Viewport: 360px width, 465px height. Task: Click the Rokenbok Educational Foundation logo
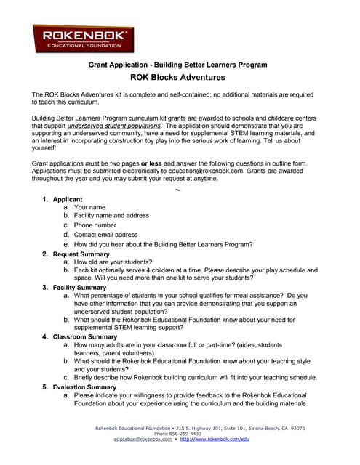point(83,38)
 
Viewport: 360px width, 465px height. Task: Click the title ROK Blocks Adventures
point(177,77)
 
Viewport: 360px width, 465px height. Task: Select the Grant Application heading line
point(177,65)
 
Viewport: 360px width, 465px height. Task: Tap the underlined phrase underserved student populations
point(119,125)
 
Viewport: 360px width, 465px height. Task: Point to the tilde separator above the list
point(177,190)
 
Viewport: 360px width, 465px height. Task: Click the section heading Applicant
point(68,199)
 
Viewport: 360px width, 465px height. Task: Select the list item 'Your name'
point(89,207)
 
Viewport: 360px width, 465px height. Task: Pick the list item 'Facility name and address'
point(111,216)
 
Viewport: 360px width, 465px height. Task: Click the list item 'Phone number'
point(95,225)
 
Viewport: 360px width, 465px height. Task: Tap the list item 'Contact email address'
point(105,235)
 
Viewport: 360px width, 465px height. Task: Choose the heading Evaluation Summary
point(89,387)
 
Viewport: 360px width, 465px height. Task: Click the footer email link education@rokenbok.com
point(143,440)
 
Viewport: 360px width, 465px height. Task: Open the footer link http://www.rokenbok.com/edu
point(215,440)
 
